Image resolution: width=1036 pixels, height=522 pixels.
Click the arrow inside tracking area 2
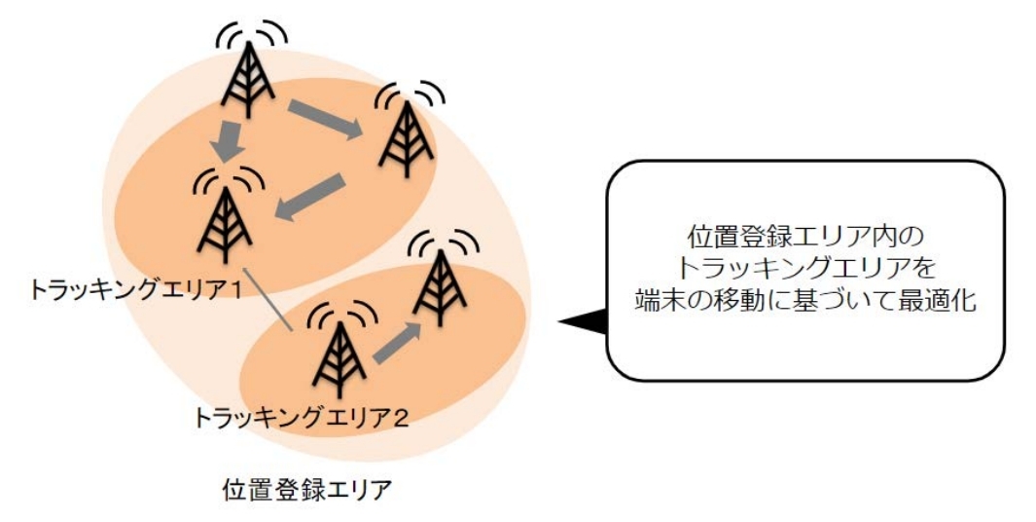[398, 342]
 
